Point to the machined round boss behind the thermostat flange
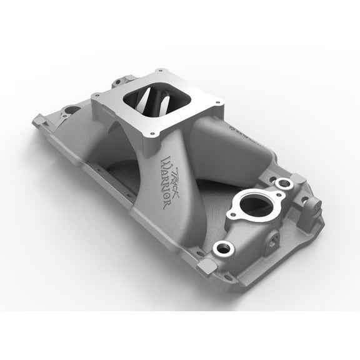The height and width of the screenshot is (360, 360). (285, 184)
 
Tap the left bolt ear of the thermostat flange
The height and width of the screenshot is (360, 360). (232, 215)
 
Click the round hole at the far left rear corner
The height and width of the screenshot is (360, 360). (70, 111)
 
